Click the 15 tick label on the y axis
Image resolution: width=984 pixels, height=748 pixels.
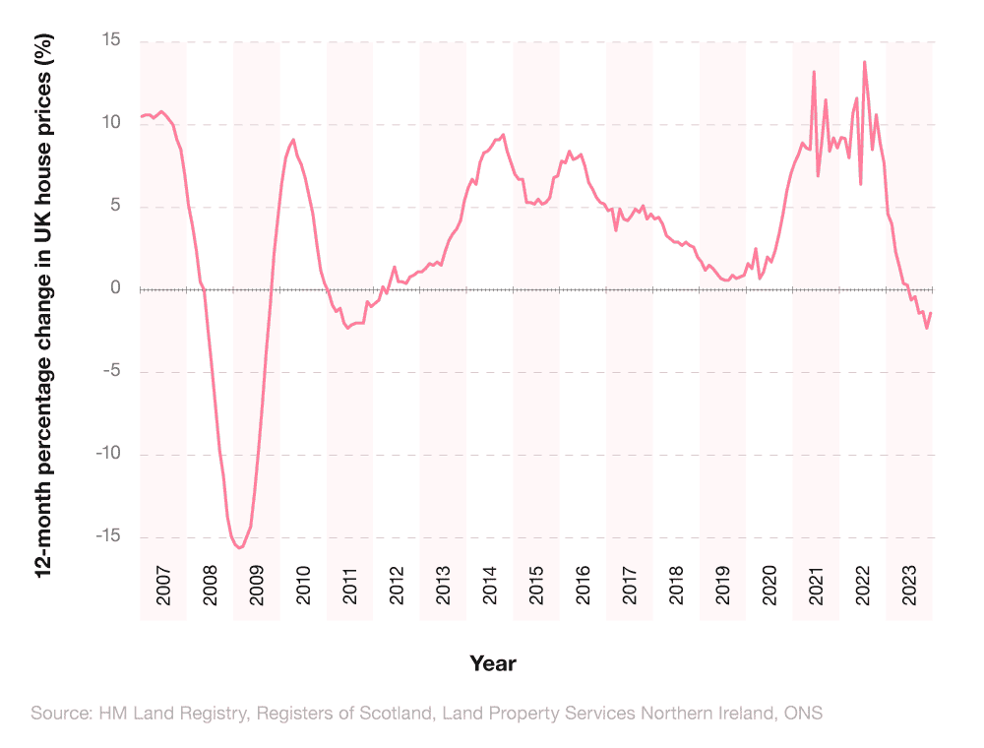click(x=109, y=41)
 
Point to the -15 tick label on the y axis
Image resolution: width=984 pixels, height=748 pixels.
click(x=105, y=537)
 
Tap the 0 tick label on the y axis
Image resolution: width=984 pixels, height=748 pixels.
click(x=115, y=288)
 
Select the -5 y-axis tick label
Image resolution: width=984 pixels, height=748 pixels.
click(x=109, y=372)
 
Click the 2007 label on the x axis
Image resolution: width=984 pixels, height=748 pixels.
click(x=163, y=587)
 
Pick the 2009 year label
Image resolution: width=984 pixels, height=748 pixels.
click(x=257, y=587)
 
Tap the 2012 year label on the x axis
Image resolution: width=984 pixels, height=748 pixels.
click(x=397, y=587)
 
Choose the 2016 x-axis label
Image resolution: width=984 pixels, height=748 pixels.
click(x=583, y=587)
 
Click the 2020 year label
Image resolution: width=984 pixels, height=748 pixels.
click(x=769, y=587)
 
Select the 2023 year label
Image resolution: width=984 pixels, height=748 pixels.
click(x=909, y=587)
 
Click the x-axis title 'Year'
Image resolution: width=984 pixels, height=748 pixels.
click(x=492, y=663)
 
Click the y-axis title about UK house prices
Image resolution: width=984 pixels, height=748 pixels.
click(x=43, y=305)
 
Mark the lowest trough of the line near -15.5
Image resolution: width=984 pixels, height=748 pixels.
click(x=240, y=547)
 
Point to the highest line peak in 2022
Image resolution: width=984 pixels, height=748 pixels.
click(x=864, y=62)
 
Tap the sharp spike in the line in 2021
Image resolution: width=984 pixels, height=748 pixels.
click(x=814, y=72)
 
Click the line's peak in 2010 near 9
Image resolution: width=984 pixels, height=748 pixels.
click(x=293, y=140)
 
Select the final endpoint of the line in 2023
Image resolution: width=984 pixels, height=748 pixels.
click(x=931, y=313)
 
